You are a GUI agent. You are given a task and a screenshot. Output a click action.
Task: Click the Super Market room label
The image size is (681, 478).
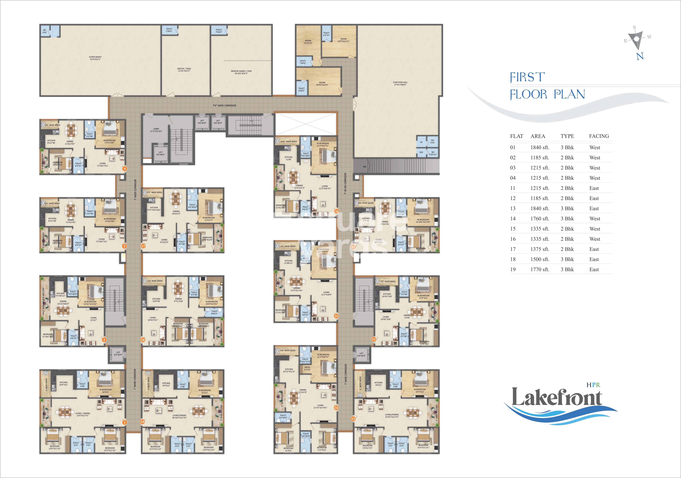[95, 58]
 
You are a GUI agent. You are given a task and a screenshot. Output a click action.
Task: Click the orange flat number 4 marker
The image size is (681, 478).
[125, 169]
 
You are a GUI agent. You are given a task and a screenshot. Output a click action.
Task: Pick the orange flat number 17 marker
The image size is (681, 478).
[143, 246]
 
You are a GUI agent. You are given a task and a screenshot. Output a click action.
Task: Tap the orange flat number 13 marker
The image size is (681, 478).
[353, 419]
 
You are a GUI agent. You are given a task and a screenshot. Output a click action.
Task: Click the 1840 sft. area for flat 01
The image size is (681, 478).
[540, 148]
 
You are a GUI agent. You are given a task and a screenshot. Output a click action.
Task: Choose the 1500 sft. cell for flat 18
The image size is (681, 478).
[540, 259]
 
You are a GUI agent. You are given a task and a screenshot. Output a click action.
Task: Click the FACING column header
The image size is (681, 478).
[599, 136]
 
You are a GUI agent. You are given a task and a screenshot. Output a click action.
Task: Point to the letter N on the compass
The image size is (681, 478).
[640, 56]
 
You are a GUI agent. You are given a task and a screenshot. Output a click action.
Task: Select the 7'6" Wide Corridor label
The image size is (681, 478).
[224, 105]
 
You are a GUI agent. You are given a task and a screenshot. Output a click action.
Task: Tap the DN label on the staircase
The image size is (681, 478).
[364, 167]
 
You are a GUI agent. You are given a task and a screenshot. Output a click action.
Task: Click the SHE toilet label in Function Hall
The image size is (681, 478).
[421, 152]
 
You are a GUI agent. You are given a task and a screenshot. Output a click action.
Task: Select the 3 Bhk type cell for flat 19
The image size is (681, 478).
[567, 269]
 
